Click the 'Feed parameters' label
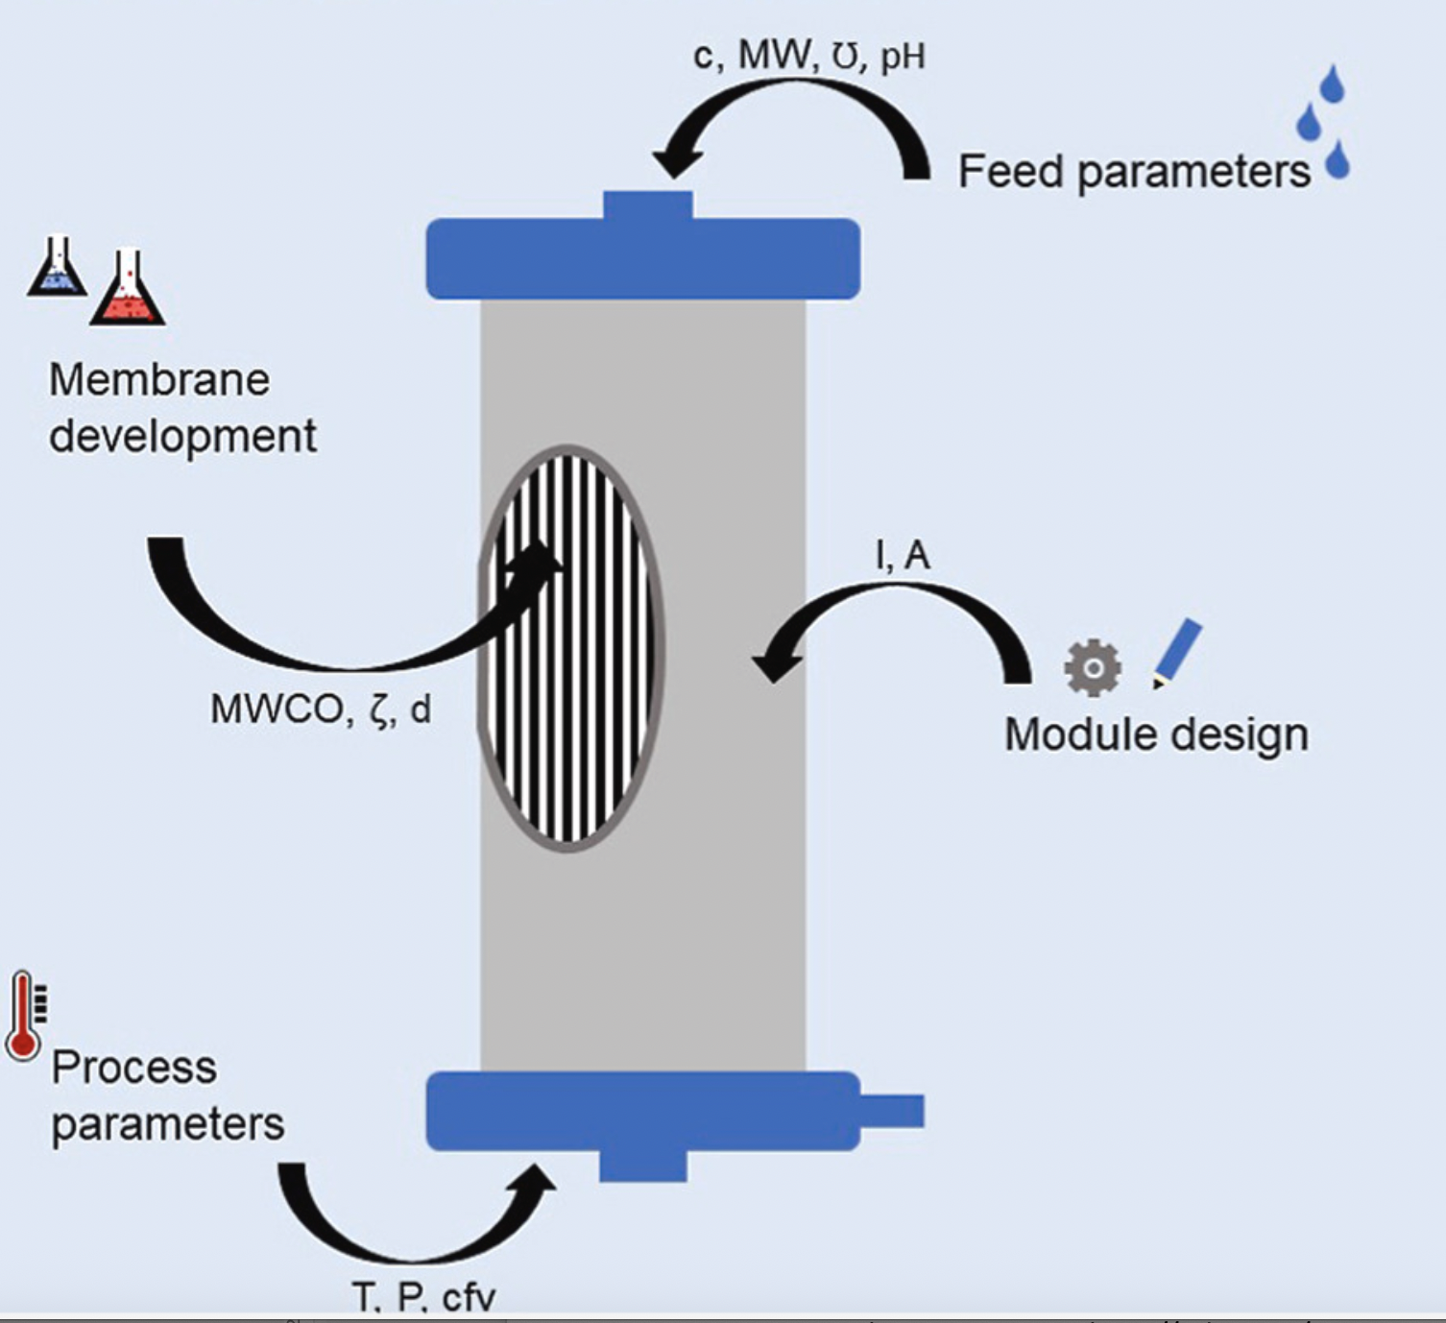tap(1133, 173)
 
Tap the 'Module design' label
tap(1156, 735)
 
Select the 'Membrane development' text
tap(181, 408)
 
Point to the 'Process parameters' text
tap(167, 1095)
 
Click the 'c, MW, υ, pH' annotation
tap(808, 56)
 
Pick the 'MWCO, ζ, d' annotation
tap(321, 710)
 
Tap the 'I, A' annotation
tap(903, 555)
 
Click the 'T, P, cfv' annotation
tap(423, 1297)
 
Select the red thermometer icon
tap(24, 1016)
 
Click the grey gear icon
tap(1093, 667)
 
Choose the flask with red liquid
tap(128, 290)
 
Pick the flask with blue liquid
tap(58, 268)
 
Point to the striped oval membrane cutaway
tap(570, 648)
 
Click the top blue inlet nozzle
tap(647, 205)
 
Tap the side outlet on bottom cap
tap(892, 1111)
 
